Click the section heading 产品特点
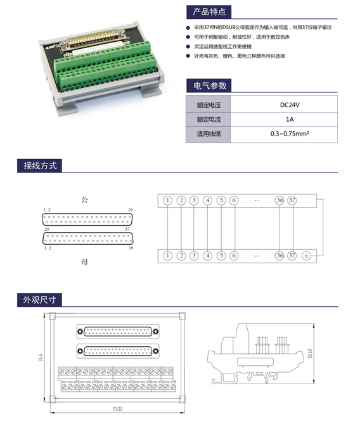click(208, 12)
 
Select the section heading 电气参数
click(208, 86)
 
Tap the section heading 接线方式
click(40, 165)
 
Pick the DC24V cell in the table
click(290, 105)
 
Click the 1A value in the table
click(290, 119)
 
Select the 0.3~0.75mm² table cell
click(290, 134)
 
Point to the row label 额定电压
click(208, 105)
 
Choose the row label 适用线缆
click(208, 134)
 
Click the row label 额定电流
click(208, 119)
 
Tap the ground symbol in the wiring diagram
click(307, 256)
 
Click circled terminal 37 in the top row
click(292, 200)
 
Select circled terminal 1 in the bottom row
click(167, 256)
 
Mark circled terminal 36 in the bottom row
click(279, 256)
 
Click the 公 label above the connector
click(84, 200)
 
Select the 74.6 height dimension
click(41, 359)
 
